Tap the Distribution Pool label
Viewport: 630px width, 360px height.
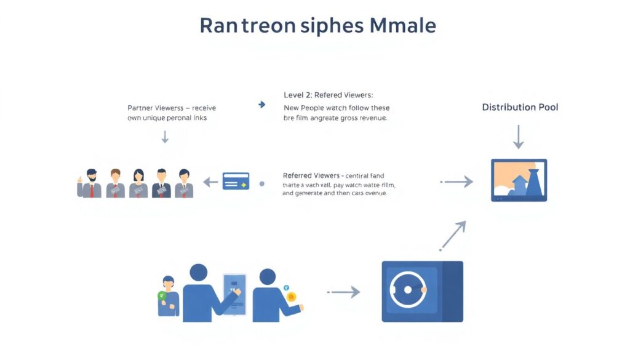520,107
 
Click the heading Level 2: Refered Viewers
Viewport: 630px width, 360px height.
328,95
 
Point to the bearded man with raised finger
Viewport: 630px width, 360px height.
90,183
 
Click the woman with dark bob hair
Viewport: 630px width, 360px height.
138,183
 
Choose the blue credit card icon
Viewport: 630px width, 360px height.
236,181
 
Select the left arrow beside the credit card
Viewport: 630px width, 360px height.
210,182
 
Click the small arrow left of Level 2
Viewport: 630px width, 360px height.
261,105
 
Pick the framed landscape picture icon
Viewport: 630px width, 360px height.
519,180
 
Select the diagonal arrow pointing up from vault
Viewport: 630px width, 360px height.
453,235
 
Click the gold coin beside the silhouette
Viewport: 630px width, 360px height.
291,297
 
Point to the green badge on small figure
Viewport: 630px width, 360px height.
162,295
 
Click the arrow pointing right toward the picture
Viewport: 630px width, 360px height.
458,182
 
